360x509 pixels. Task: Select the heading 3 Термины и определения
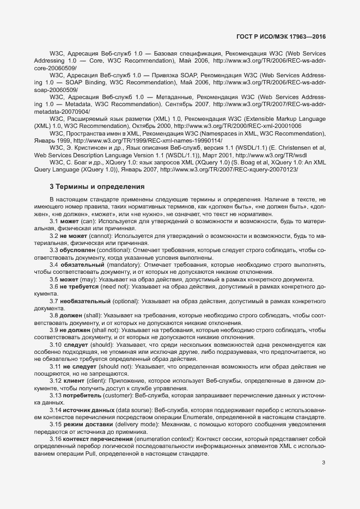(97, 186)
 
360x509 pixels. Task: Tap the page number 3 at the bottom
(324, 463)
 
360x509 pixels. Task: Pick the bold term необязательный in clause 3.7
(87, 301)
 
